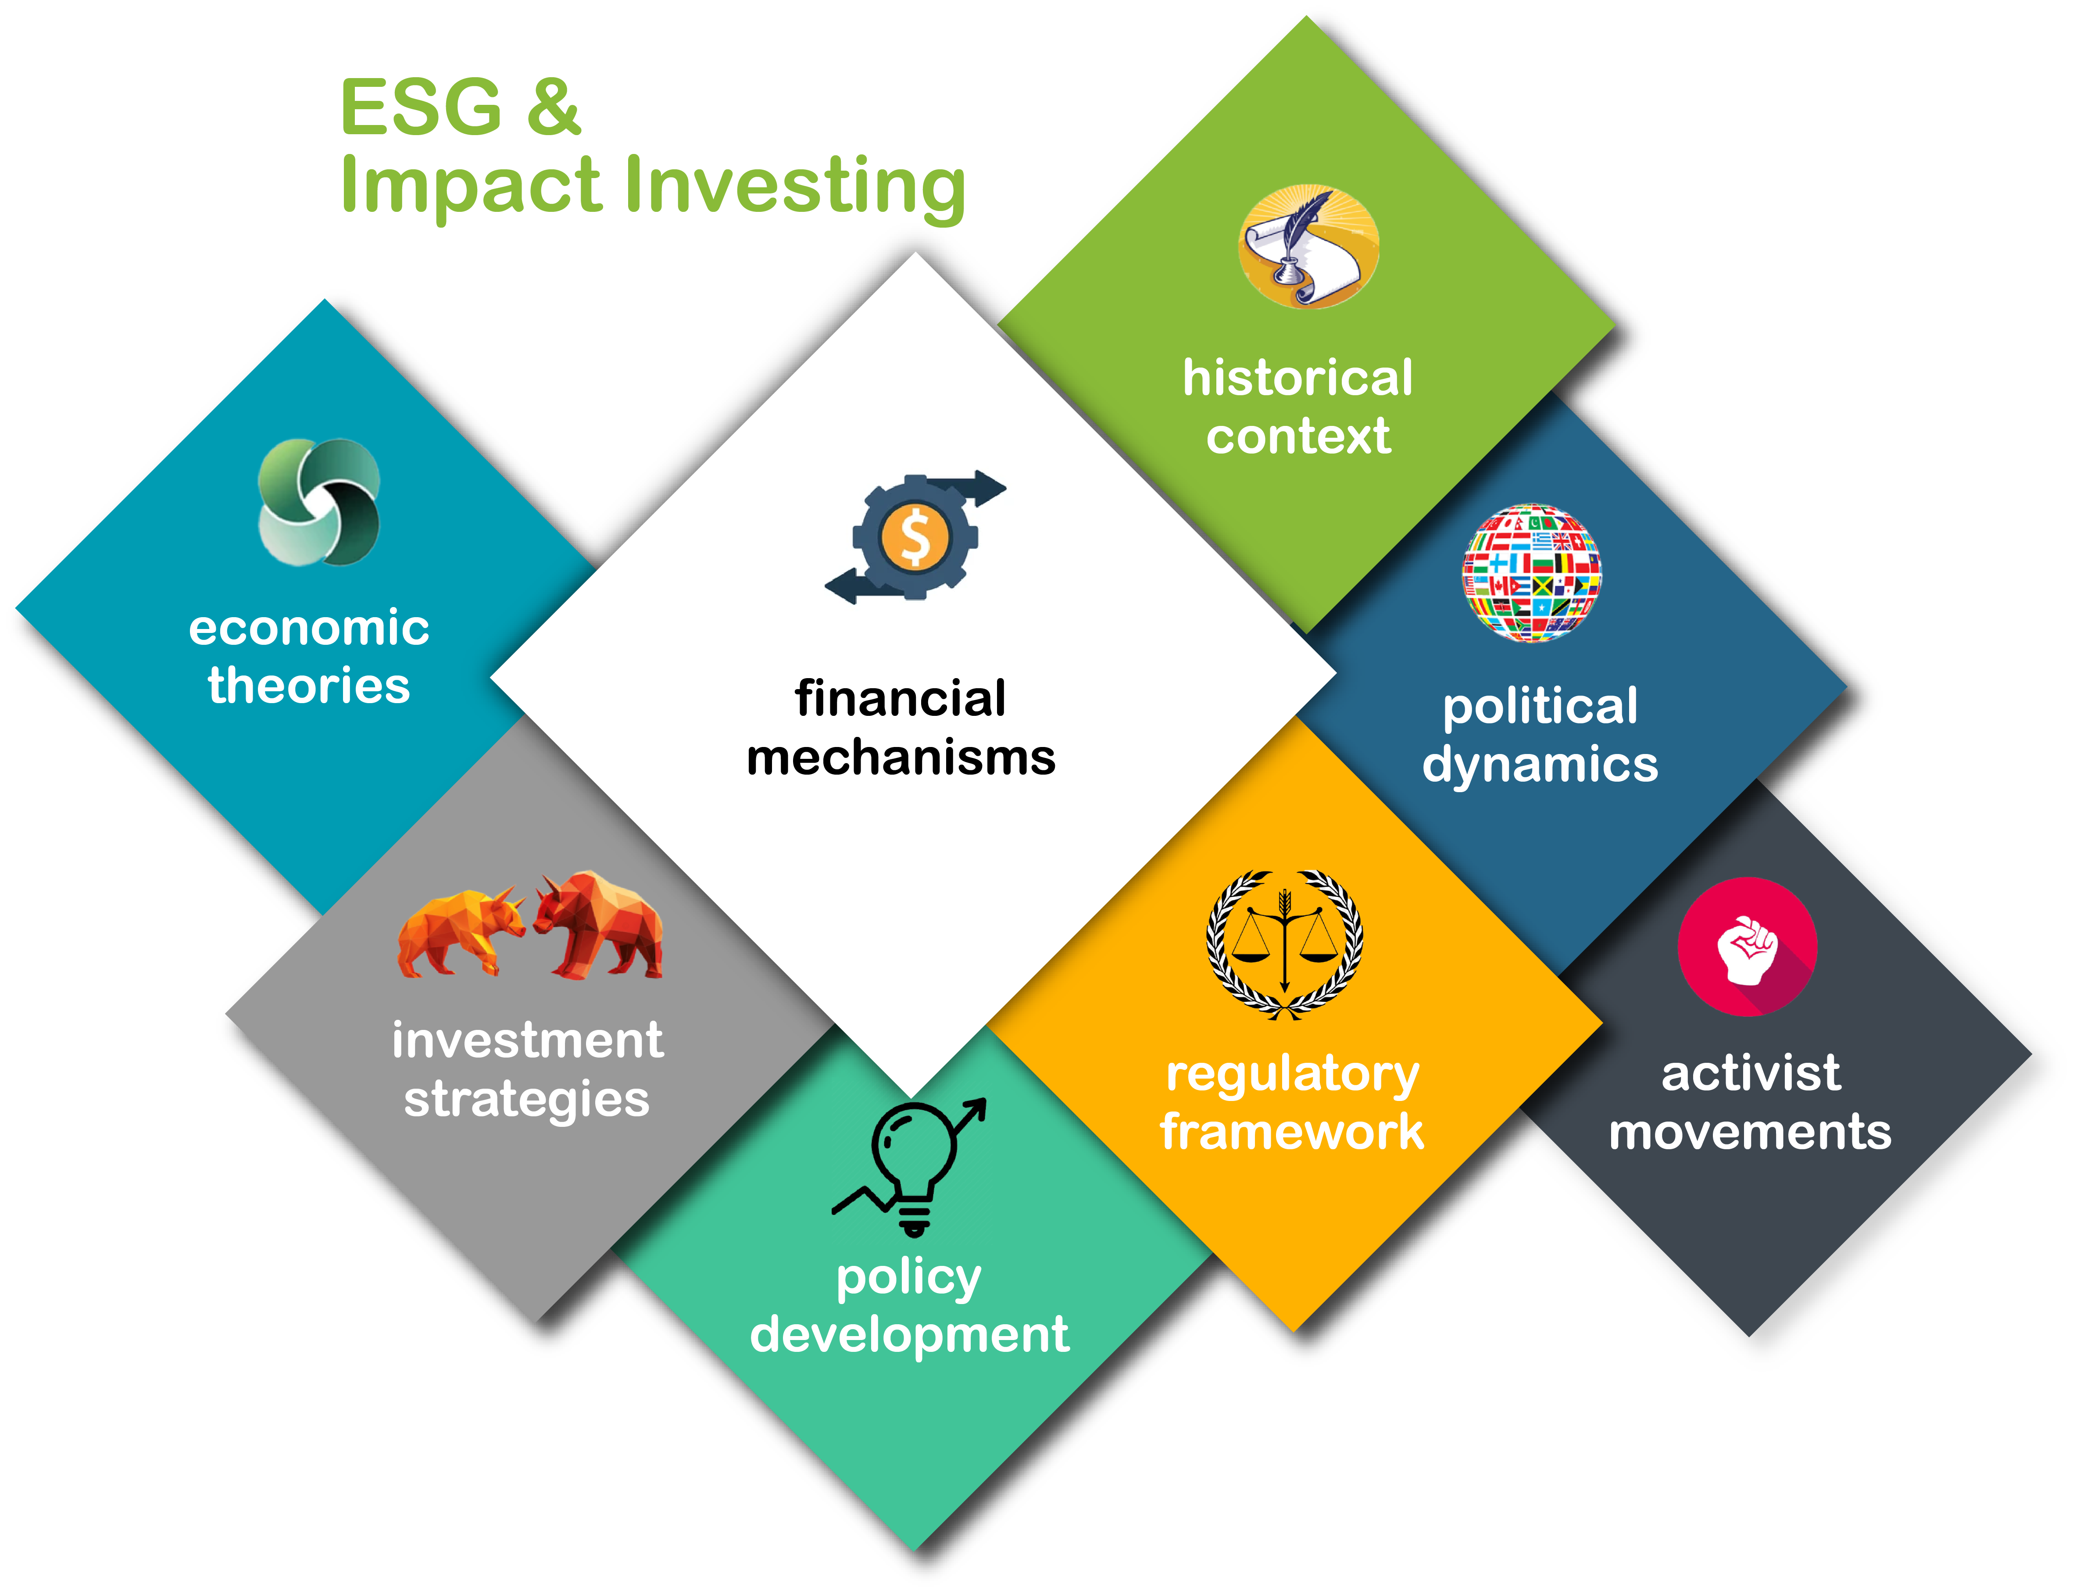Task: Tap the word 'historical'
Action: [1297, 378]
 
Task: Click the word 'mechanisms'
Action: [901, 757]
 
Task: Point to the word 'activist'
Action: [1751, 1073]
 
